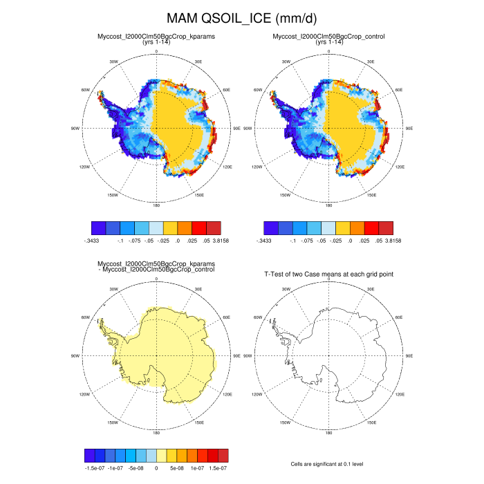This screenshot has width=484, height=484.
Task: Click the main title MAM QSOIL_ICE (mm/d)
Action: (242, 17)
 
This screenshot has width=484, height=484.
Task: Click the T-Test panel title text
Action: (329, 274)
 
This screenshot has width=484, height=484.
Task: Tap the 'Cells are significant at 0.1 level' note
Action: (329, 464)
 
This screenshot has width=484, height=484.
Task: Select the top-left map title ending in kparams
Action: (156, 36)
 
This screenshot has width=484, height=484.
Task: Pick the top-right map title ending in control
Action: (329, 36)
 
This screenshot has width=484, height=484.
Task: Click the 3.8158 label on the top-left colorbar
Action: (221, 241)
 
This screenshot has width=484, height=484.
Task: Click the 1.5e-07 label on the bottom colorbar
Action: (218, 468)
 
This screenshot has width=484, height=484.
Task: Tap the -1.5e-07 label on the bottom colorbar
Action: (94, 468)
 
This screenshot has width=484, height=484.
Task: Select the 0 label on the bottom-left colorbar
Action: (156, 468)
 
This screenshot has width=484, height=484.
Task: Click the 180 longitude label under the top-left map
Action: (156, 205)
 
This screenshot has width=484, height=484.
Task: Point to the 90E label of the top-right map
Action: (409, 128)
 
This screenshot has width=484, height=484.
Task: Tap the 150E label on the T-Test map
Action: (371, 422)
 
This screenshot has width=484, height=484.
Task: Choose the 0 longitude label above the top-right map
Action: (329, 52)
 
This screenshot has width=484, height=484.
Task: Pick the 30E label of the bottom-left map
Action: (198, 290)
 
